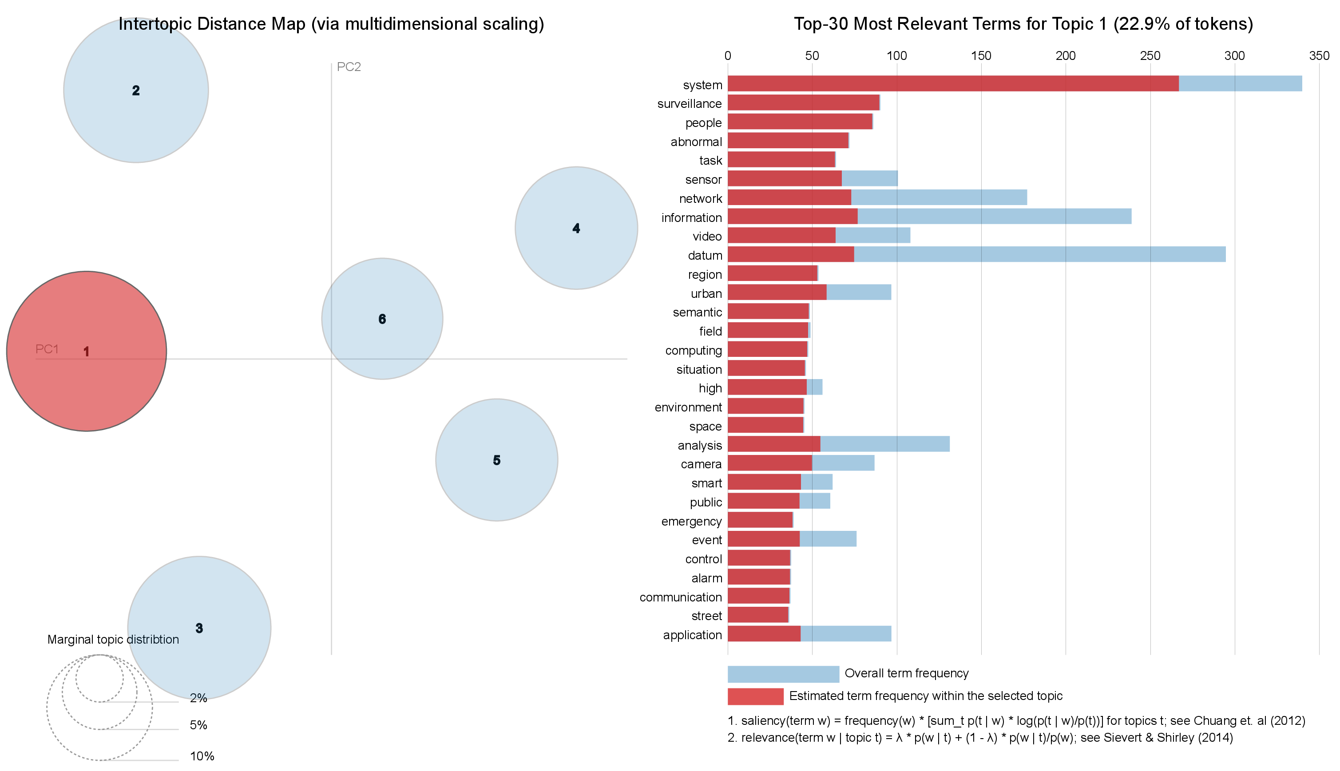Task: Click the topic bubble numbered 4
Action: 576,228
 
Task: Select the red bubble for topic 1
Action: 86,351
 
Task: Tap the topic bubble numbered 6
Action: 382,319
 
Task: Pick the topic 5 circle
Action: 496,460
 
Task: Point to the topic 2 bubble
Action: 135,91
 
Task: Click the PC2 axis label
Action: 349,67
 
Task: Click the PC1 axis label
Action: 47,349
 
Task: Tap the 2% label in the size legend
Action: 198,698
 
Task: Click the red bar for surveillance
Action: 803,103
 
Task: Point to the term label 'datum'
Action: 705,255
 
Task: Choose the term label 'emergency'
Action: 691,521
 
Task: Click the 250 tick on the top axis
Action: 1150,56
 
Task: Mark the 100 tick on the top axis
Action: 896,56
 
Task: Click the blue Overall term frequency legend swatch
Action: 783,673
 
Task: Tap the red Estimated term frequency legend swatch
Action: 755,696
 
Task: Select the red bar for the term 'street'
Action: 758,615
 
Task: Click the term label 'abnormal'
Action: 696,142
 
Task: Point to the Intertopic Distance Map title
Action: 331,24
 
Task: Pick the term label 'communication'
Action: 681,597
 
